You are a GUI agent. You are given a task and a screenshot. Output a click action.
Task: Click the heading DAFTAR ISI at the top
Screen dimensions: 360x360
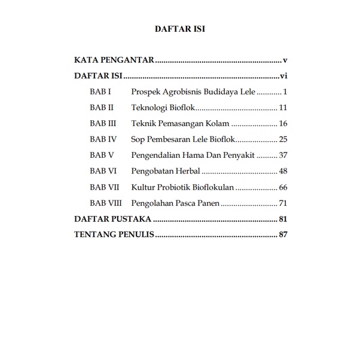coord(180,29)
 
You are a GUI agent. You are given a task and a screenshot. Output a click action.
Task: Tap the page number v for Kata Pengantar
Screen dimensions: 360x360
coord(286,60)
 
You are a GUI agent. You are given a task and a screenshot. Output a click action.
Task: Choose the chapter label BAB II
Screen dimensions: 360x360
coord(102,108)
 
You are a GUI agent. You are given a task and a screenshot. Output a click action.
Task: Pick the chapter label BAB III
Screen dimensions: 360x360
coord(103,124)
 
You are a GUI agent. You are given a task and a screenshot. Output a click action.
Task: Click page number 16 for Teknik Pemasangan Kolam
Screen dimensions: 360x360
coord(283,124)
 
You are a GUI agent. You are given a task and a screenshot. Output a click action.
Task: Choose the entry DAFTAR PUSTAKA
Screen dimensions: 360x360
coord(112,219)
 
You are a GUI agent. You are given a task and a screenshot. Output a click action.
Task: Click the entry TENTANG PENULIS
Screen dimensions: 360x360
coord(114,234)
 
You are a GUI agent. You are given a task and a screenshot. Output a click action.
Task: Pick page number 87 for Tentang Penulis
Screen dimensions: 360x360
coord(283,234)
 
